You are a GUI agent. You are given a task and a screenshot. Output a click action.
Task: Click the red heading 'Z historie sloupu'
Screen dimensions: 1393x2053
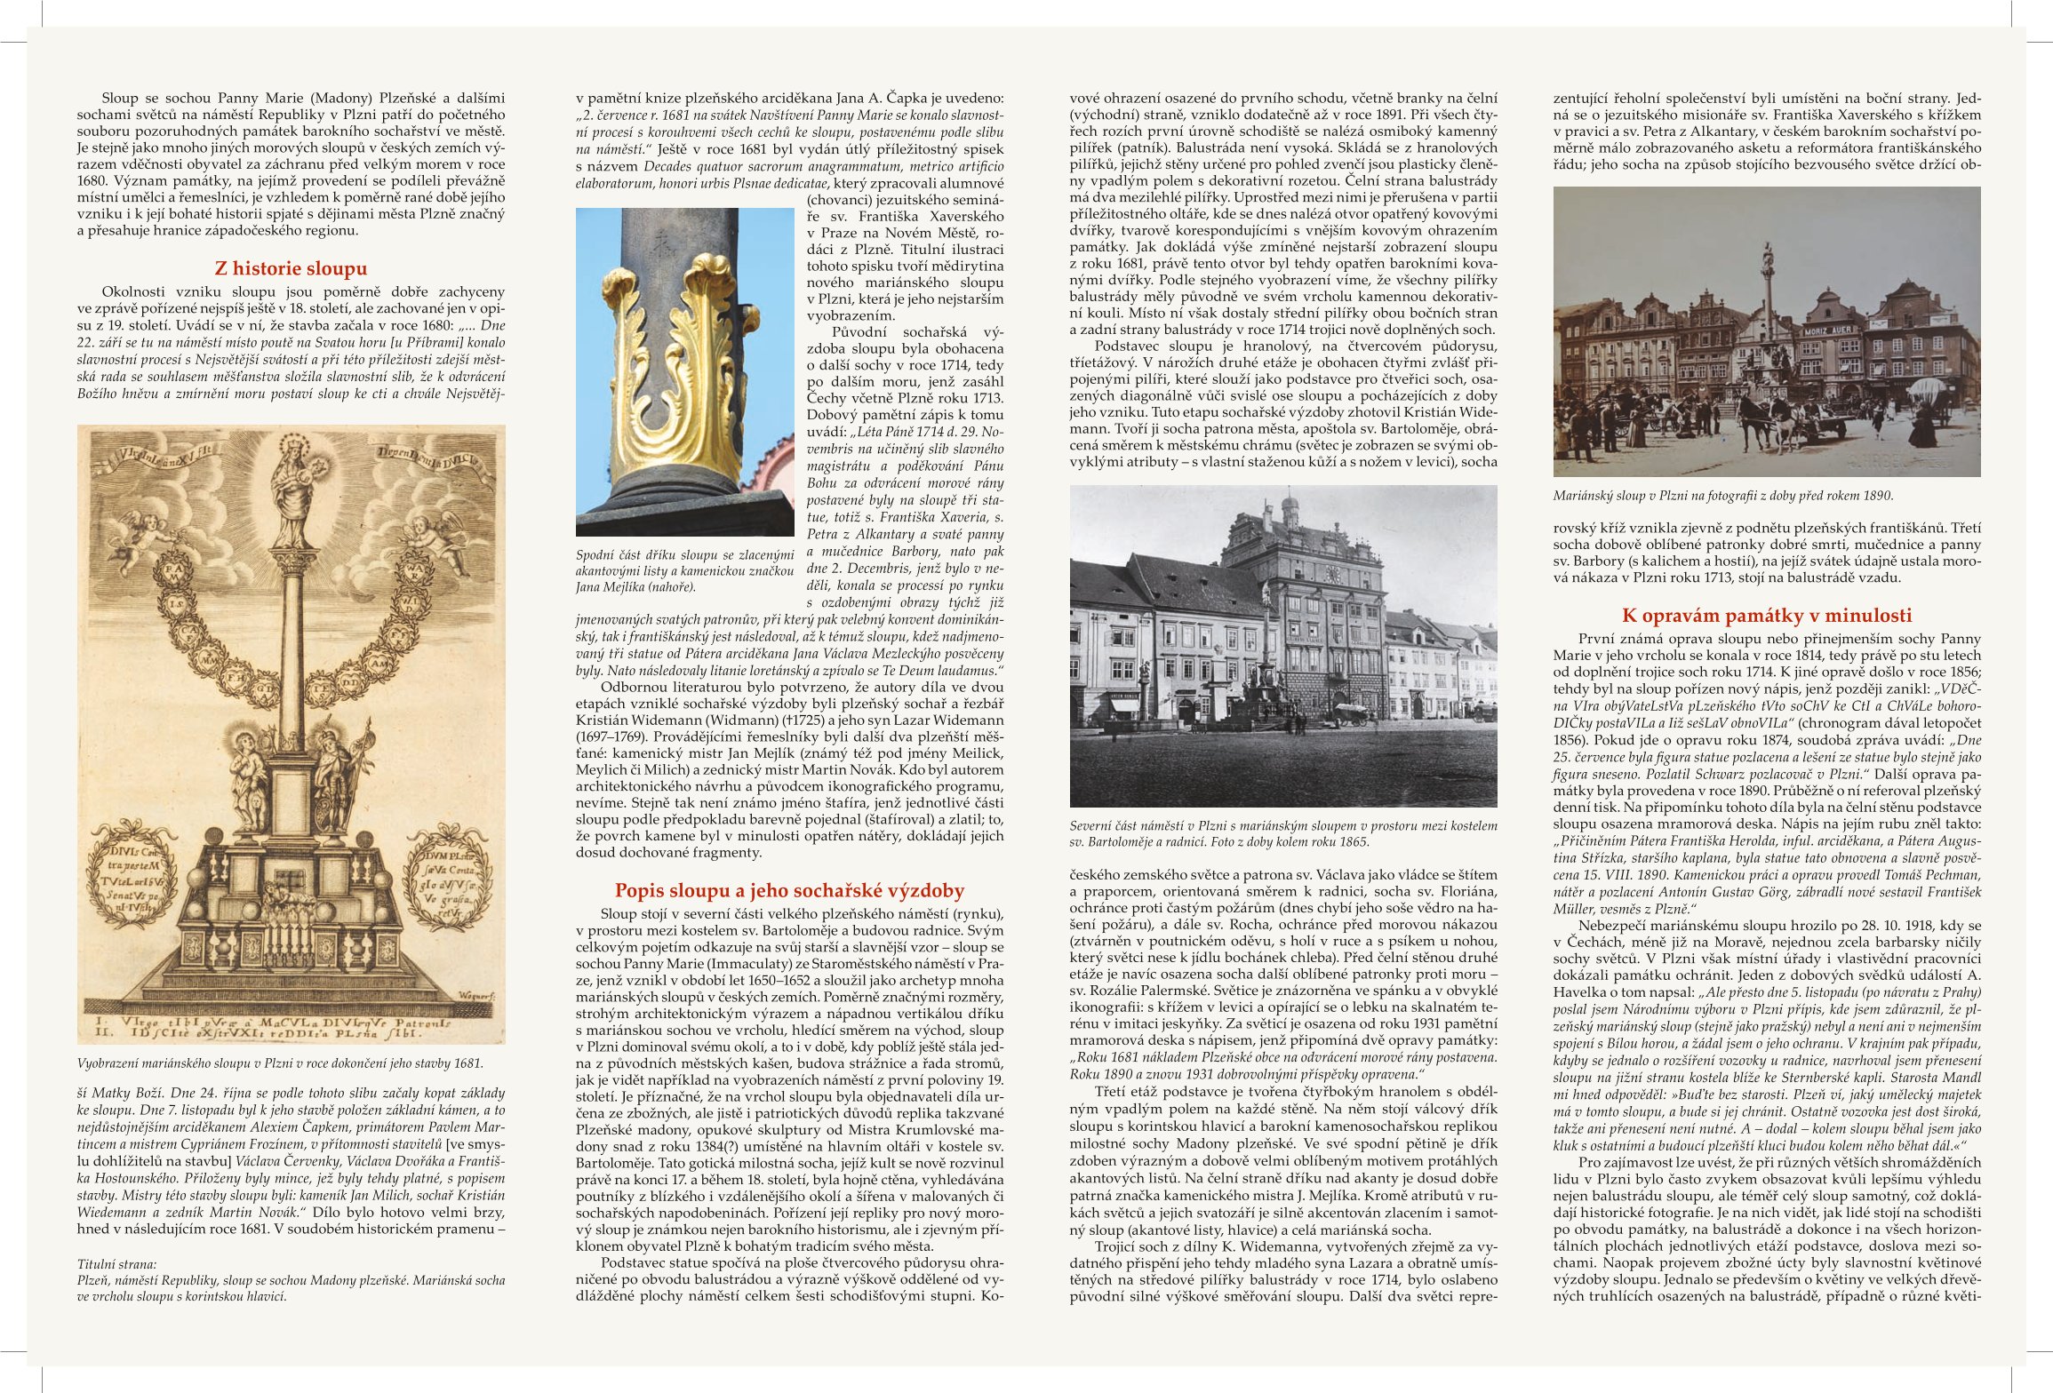[291, 268]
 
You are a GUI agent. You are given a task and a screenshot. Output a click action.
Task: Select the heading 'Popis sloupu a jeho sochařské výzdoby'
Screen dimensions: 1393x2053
[789, 890]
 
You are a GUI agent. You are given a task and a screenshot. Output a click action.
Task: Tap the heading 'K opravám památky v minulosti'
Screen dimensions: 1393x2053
[1767, 616]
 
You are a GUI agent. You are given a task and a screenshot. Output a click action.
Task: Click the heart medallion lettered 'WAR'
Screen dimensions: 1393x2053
[416, 569]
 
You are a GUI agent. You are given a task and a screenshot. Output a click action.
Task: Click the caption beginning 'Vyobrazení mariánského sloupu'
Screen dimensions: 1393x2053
[280, 1063]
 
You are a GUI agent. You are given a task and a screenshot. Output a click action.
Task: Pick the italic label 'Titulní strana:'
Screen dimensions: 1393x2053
[116, 1264]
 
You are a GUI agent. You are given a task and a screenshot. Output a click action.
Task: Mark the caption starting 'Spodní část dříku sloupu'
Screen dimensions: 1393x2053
[684, 570]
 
